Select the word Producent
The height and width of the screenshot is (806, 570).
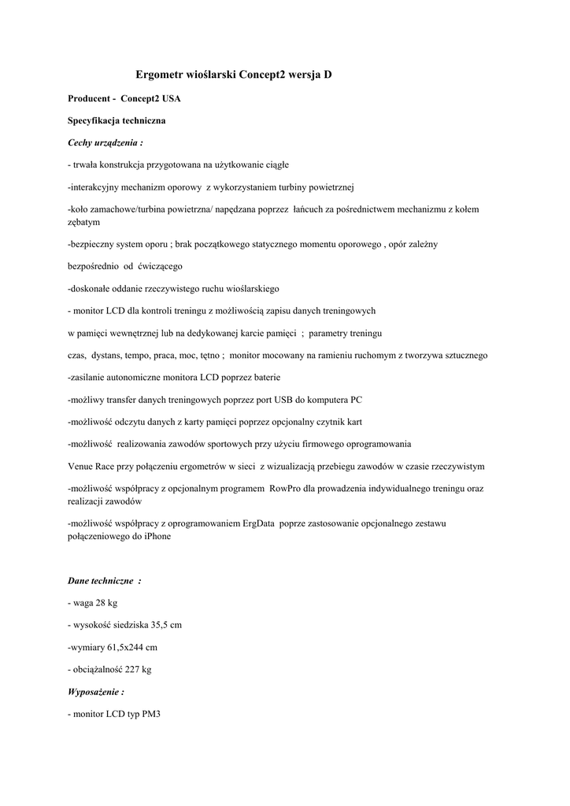pos(89,100)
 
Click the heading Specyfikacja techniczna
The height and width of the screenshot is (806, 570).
pos(117,122)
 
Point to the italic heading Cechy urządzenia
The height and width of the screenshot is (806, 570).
pos(105,143)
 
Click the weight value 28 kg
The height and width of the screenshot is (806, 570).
pos(106,603)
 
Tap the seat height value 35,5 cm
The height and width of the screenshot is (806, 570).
pos(166,625)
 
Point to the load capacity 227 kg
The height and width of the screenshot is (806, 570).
pos(138,669)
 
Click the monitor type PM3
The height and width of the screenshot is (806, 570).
pos(152,714)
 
